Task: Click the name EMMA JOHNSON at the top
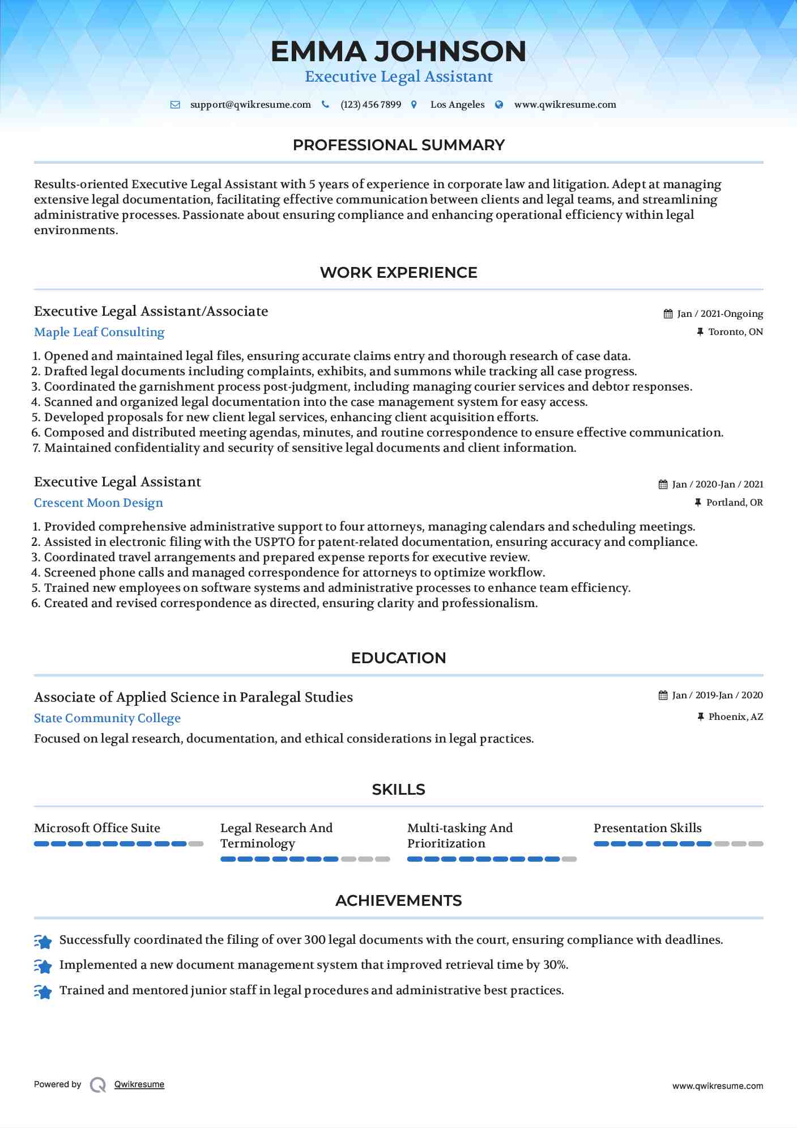point(398,52)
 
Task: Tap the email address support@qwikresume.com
point(250,105)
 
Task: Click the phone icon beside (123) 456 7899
point(325,104)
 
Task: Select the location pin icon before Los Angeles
point(414,105)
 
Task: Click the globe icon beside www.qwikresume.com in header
point(499,105)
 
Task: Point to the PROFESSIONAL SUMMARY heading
point(398,145)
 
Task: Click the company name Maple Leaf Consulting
point(99,332)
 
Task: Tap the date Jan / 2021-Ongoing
point(720,314)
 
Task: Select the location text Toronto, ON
point(735,332)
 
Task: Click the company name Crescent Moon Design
point(99,503)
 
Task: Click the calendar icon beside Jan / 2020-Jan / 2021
point(663,485)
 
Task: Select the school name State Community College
point(107,718)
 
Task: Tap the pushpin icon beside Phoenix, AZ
point(701,717)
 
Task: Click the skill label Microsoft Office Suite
point(97,828)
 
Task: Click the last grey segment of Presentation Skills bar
point(756,844)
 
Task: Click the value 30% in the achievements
point(555,965)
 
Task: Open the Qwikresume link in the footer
point(139,1084)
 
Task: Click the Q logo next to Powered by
point(98,1085)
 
